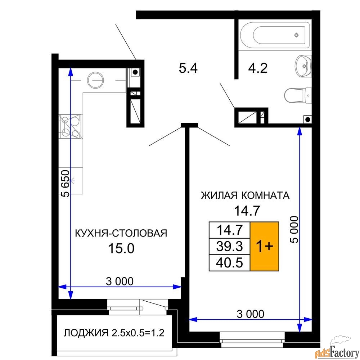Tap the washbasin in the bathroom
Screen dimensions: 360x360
[x=303, y=66]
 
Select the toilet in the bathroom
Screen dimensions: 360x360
[x=298, y=95]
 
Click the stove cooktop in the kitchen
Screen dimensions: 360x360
[x=71, y=126]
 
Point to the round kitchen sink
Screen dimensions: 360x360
[x=95, y=80]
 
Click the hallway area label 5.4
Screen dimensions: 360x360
[x=188, y=68]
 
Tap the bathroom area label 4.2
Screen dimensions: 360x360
[x=258, y=68]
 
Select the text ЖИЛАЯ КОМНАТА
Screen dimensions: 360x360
[x=245, y=195]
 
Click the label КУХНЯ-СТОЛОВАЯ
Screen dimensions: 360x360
[x=121, y=233]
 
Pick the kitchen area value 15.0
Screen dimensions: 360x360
[x=121, y=248]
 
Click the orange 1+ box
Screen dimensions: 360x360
[x=264, y=246]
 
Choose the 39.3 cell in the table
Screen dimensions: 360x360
[x=229, y=246]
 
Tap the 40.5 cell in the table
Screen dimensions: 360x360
[x=229, y=263]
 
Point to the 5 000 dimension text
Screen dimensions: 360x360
[x=294, y=229]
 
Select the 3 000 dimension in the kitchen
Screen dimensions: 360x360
[x=120, y=281]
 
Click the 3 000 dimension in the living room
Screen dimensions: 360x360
[x=251, y=314]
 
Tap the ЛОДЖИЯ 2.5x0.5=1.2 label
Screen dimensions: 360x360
[x=114, y=333]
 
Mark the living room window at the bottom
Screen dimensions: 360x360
[x=252, y=339]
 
